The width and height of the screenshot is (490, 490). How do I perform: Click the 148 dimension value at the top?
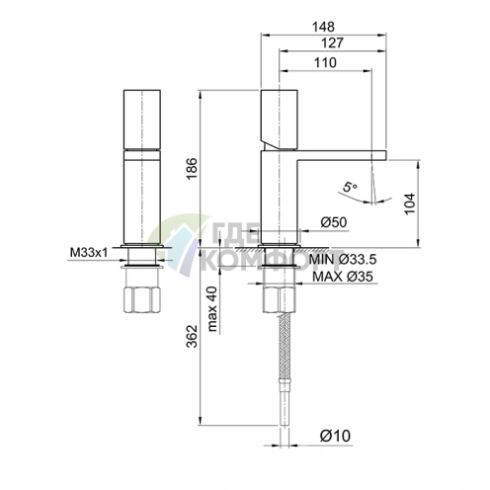click(x=324, y=27)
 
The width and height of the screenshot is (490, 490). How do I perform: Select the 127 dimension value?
click(x=332, y=42)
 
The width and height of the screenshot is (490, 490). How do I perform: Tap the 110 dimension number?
click(x=325, y=62)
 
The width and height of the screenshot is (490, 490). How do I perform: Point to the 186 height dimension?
click(x=192, y=169)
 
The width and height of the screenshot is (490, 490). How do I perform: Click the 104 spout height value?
click(x=410, y=204)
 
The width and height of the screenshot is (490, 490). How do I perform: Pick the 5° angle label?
click(x=349, y=187)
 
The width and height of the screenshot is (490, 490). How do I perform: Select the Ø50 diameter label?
click(x=334, y=222)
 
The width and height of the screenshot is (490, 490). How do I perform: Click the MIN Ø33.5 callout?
click(x=343, y=260)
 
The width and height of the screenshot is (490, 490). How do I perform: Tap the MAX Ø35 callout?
click(x=343, y=277)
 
